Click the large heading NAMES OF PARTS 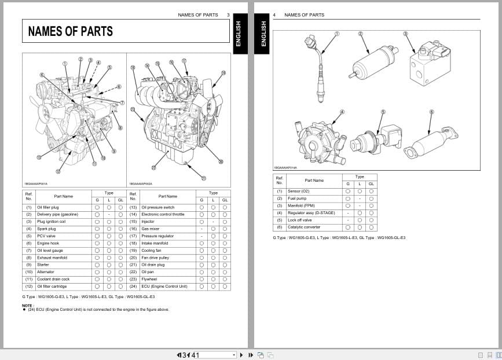pyautogui.click(x=71, y=32)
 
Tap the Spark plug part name pyautogui.click(x=46, y=229)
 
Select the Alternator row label pyautogui.click(x=46, y=272)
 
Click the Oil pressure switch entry pyautogui.click(x=157, y=207)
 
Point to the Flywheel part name pyautogui.click(x=149, y=279)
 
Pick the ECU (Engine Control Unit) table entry pyautogui.click(x=164, y=286)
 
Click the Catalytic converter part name pyautogui.click(x=303, y=227)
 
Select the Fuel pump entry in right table pyautogui.click(x=296, y=199)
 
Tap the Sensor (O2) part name pyautogui.click(x=298, y=191)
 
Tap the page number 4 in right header pyautogui.click(x=274, y=15)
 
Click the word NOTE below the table pyautogui.click(x=27, y=305)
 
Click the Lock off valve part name pyautogui.click(x=300, y=220)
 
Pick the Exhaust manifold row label pyautogui.click(x=52, y=258)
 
